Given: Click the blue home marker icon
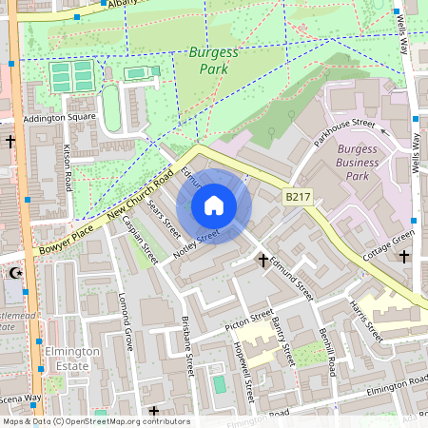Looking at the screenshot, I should click(214, 204).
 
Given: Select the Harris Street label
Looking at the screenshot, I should click(365, 321).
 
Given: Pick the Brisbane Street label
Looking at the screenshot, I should click(187, 347).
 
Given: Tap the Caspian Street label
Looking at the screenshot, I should click(144, 243).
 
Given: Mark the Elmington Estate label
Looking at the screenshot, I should click(72, 358).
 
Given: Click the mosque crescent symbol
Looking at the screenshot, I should click(14, 273).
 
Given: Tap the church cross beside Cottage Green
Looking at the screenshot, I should click(404, 257).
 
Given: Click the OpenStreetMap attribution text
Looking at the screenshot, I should click(95, 421).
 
